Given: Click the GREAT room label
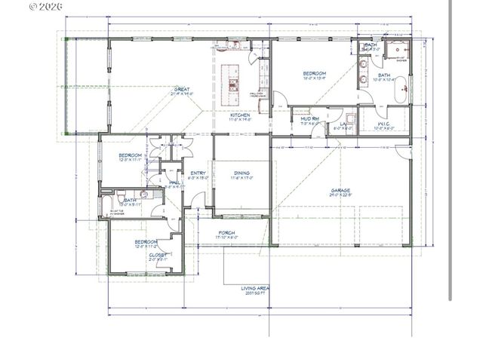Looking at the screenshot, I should pyautogui.click(x=181, y=89).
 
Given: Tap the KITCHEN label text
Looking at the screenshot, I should pyautogui.click(x=229, y=115).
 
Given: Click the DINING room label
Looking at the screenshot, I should pyautogui.click(x=241, y=173).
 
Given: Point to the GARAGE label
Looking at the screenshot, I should pyautogui.click(x=340, y=190).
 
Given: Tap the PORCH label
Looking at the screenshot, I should pyautogui.click(x=226, y=232).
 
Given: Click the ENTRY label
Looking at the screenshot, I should pyautogui.click(x=198, y=173).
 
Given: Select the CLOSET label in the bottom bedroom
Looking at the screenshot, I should pyautogui.click(x=158, y=255).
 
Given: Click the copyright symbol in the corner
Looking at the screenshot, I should pyautogui.click(x=33, y=6).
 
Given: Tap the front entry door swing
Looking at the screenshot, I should pyautogui.click(x=197, y=201).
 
